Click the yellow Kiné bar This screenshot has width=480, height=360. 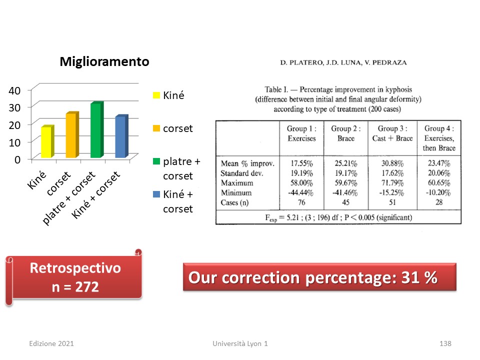tap(47, 141)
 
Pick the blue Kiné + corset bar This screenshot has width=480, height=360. tap(121, 136)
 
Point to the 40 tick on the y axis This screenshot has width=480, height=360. tap(14, 90)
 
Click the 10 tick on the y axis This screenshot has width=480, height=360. tap(14, 142)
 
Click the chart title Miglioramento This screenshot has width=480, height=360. tap(104, 61)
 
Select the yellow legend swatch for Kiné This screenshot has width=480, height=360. tap(156, 95)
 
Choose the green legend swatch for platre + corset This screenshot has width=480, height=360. tap(156, 161)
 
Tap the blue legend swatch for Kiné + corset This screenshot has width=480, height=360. tap(156, 194)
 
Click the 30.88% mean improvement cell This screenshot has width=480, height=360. tap(392, 163)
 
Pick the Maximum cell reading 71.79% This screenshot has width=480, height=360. tap(392, 183)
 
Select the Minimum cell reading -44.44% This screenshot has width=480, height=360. tap(300, 193)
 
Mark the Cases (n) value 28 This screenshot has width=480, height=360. tap(439, 202)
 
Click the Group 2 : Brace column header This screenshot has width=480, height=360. tap(346, 133)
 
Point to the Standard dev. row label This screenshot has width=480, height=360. tap(242, 173)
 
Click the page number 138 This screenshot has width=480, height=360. tap(445, 343)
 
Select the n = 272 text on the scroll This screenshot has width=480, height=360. tap(75, 287)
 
